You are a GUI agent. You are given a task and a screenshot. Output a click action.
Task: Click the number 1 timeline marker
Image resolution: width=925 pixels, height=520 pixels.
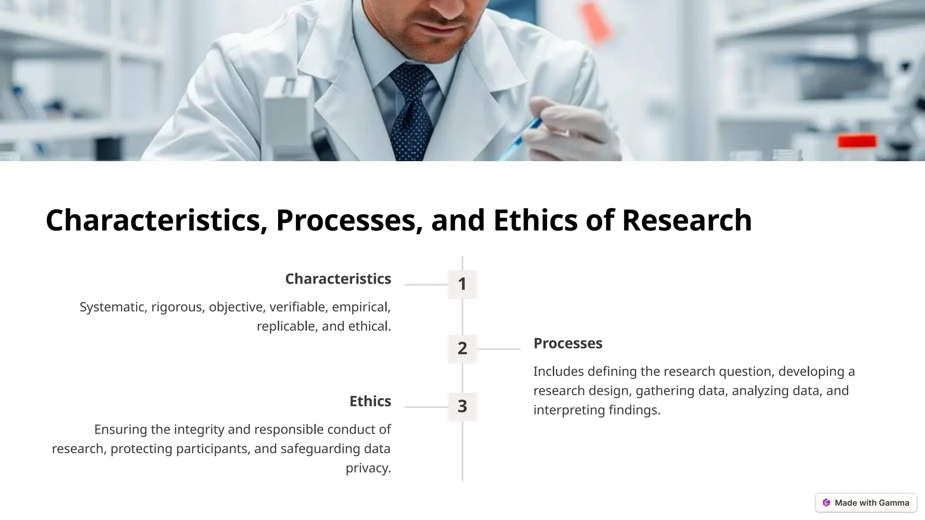462,284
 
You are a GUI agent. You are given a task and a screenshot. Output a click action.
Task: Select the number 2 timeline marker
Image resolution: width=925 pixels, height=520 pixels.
462,348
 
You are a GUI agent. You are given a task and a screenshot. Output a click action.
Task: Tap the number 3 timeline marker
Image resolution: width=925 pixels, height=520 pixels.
462,407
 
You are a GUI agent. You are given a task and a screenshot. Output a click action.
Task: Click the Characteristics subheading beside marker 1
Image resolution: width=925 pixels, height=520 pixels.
338,279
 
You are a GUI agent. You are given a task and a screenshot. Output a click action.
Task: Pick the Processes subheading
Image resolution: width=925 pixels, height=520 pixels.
568,344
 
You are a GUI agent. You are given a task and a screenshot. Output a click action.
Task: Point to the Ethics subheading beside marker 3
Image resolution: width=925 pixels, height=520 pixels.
370,401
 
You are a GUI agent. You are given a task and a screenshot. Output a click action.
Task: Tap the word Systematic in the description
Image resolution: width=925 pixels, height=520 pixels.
113,307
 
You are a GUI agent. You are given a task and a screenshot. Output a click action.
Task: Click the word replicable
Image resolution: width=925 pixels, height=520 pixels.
285,326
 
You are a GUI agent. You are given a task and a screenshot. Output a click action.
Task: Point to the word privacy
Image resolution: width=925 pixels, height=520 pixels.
368,468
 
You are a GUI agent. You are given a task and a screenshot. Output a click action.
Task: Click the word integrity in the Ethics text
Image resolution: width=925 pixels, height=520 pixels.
199,429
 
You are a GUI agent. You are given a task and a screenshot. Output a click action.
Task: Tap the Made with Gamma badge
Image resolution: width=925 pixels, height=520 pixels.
866,503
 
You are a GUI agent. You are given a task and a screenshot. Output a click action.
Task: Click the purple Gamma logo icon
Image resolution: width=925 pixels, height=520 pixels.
827,503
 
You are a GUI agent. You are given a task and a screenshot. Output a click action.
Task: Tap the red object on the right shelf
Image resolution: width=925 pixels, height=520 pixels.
857,141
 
